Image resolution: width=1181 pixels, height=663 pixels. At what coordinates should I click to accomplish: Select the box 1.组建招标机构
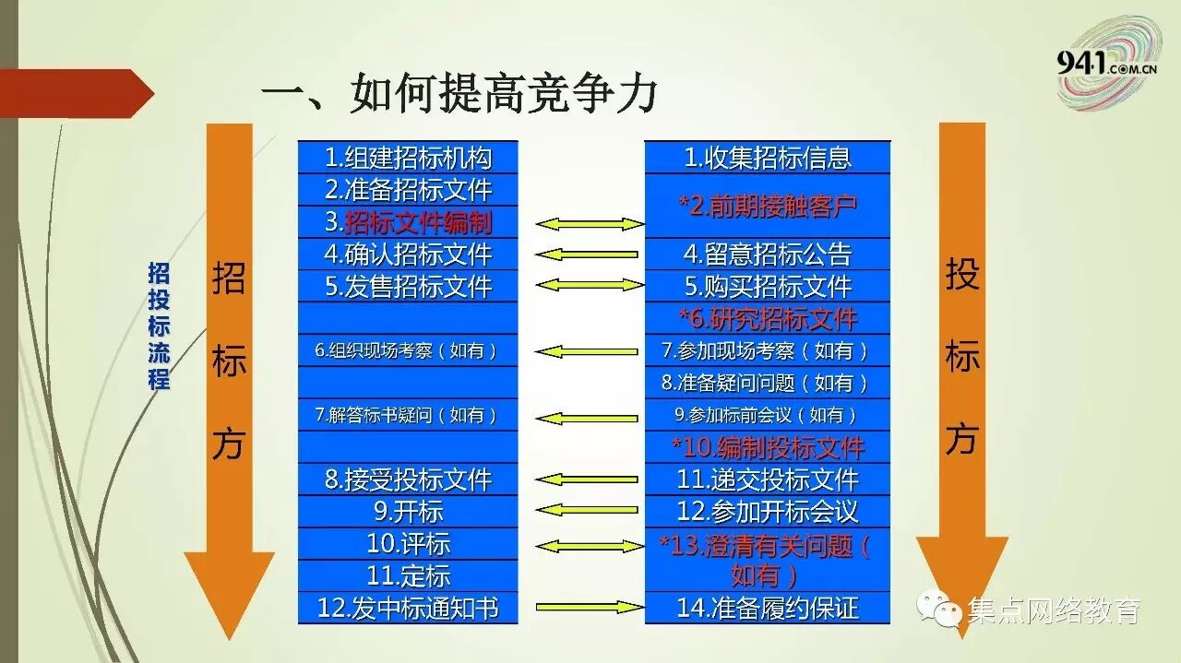pos(408,158)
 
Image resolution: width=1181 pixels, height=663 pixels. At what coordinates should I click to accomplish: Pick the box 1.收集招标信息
pos(768,158)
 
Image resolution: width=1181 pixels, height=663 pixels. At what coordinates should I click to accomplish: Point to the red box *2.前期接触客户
pos(768,206)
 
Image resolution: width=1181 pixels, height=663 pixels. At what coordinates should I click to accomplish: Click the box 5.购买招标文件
pos(768,286)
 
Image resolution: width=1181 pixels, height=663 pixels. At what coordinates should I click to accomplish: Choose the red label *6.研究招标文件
pos(768,319)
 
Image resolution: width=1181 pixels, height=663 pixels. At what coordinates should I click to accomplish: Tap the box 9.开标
pos(408,511)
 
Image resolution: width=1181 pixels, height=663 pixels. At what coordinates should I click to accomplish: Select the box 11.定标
pos(408,575)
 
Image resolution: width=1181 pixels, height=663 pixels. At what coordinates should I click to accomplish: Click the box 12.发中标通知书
pos(408,608)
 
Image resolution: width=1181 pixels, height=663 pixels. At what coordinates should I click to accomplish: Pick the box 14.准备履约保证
pos(768,608)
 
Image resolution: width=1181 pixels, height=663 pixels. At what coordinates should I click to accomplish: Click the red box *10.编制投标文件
pos(768,447)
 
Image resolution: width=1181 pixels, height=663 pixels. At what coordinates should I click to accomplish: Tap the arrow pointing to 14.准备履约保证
pos(589,607)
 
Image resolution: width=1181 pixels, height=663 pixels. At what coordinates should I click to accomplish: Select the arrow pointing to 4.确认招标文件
pos(587,255)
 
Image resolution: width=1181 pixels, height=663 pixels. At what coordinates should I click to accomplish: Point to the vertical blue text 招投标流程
pos(160,326)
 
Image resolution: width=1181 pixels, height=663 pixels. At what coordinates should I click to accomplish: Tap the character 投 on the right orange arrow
pos(961,274)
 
